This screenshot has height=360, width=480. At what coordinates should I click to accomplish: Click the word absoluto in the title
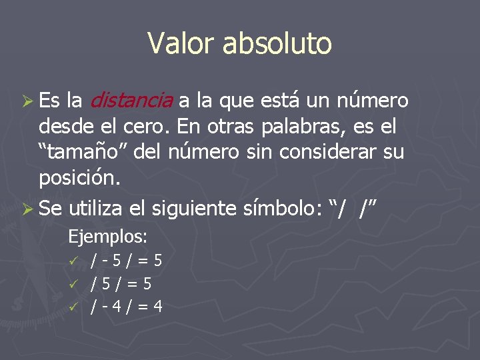(x=277, y=44)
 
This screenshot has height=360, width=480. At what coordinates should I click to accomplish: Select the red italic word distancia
(x=131, y=101)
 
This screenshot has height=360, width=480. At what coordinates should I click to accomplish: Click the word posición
(x=80, y=179)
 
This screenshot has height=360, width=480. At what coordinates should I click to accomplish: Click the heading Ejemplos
(x=108, y=236)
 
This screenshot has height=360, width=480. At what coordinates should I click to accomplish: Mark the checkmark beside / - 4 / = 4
(x=75, y=307)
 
